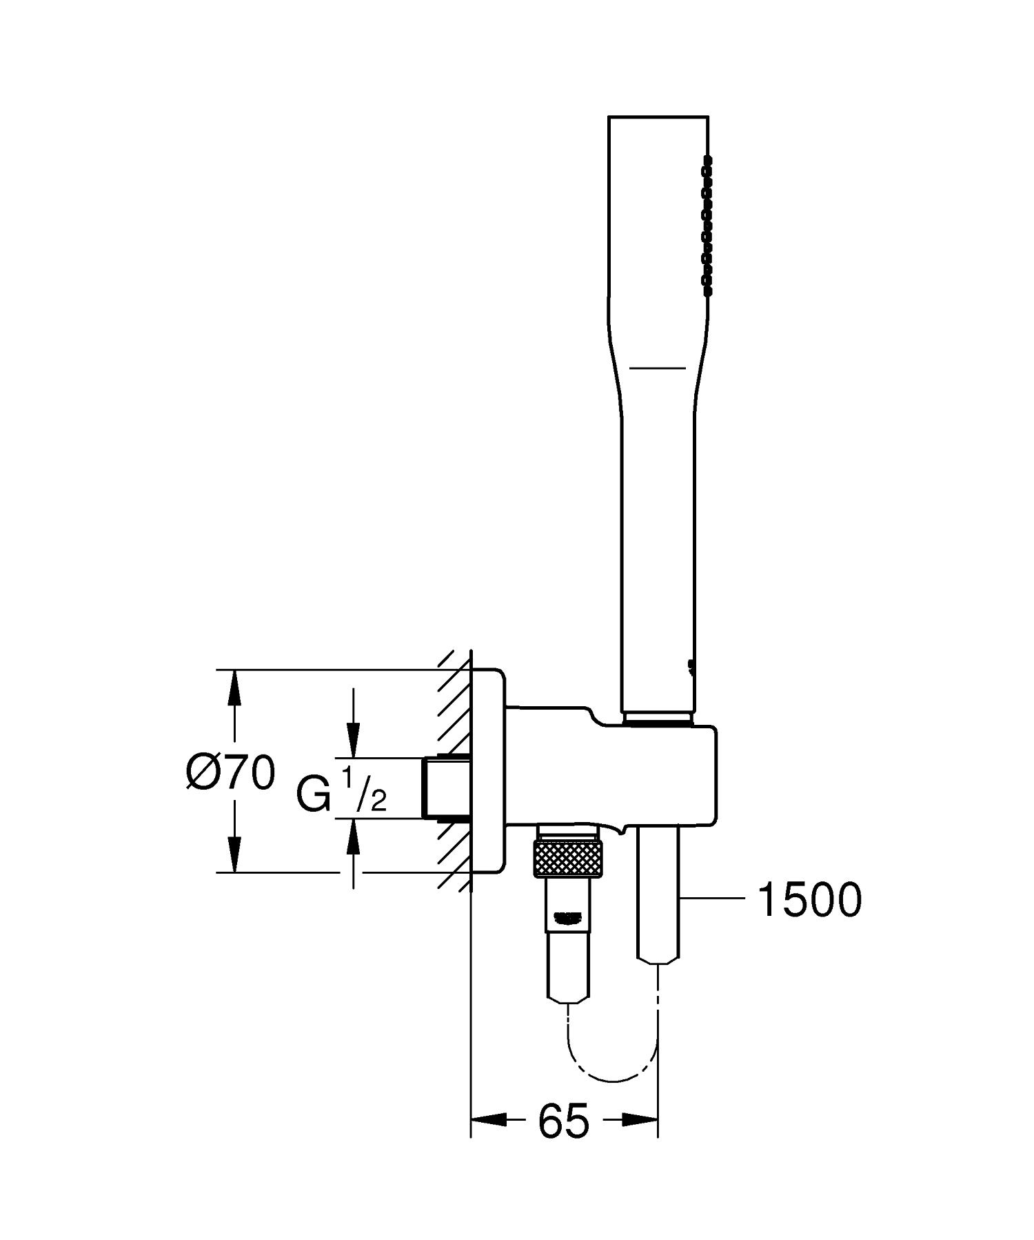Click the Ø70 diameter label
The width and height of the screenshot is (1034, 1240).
click(x=231, y=772)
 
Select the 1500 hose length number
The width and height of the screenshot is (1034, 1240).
click(x=809, y=900)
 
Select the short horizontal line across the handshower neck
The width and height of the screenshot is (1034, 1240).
click(x=658, y=368)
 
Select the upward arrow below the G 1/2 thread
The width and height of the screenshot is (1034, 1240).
click(x=353, y=837)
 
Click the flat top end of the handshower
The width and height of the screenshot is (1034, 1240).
click(x=658, y=117)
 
